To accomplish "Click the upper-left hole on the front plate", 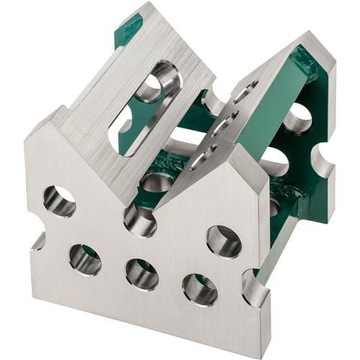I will [x=59, y=201].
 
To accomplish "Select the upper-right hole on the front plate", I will [x=224, y=241].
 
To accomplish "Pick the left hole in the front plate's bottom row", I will [x=85, y=259].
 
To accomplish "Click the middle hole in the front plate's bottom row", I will [x=141, y=274].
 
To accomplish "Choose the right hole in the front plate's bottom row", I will [x=199, y=289].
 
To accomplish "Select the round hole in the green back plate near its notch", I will [x=297, y=118].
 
